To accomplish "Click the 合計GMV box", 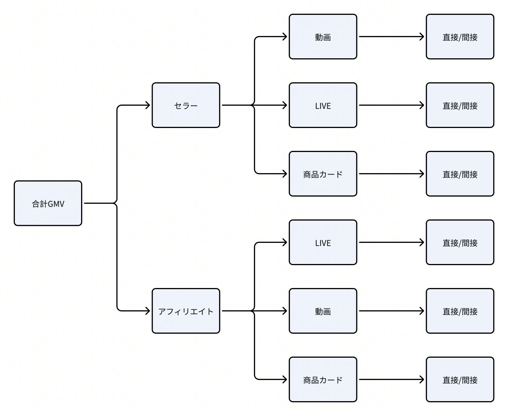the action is click(x=48, y=203).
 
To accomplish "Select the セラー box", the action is click(x=186, y=105).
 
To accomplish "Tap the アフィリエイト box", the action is click(x=186, y=311).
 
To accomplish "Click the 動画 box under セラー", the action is click(x=323, y=37).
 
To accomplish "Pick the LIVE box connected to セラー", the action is click(x=323, y=105).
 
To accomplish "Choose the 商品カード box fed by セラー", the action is click(x=323, y=174).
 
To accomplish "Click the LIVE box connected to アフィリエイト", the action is click(x=323, y=242).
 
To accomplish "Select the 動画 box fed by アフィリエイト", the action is click(x=323, y=311).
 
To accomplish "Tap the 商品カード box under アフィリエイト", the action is click(x=323, y=379).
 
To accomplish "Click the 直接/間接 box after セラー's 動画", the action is click(x=460, y=37).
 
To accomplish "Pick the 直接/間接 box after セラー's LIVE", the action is click(x=460, y=105).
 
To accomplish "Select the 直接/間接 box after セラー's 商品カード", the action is click(x=460, y=174).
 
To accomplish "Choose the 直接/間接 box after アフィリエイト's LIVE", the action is click(x=460, y=242).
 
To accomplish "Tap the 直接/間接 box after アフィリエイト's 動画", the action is click(x=460, y=311).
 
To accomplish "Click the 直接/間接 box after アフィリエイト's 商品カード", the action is click(x=460, y=379).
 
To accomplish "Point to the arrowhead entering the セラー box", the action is click(x=149, y=105).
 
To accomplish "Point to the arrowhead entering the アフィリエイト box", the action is click(x=149, y=311).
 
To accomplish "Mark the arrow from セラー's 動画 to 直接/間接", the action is click(x=391, y=37).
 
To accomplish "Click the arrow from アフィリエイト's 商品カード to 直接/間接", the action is click(x=391, y=379).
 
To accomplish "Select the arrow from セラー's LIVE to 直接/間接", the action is click(x=391, y=105).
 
